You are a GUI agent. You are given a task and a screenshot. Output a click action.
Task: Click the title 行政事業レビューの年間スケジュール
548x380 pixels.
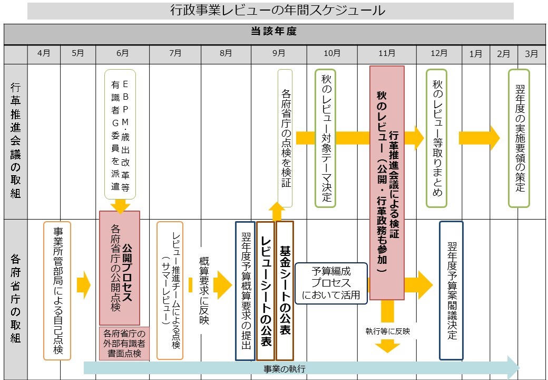pos(270,11)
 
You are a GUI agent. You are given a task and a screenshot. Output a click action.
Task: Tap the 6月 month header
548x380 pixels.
pos(122,53)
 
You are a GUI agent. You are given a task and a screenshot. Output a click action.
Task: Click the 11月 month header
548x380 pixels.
pos(387,53)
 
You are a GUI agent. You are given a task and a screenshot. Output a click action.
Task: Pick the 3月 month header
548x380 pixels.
pos(532,53)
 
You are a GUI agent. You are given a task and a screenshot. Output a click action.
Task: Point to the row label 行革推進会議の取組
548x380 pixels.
pos(15,140)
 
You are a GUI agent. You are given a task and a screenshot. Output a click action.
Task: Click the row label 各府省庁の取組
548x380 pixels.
pos(15,298)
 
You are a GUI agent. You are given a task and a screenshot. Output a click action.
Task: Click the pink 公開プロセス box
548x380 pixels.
pos(120,268)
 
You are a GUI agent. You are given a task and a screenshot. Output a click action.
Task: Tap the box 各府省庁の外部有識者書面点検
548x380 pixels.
pos(124,343)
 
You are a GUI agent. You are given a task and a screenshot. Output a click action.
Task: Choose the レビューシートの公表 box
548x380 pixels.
pos(266,290)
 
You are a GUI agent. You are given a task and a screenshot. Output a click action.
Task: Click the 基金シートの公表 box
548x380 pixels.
pos(285,290)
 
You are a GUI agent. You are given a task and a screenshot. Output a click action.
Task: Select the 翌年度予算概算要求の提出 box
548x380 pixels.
pos(245,290)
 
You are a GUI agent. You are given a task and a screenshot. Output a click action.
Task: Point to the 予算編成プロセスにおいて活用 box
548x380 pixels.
pos(331,283)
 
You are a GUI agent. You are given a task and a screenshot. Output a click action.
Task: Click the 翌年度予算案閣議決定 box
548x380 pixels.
pos(451,290)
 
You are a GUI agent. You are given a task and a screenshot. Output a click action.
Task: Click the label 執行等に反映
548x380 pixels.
pos(387,332)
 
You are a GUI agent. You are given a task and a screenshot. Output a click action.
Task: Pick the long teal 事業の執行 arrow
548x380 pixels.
pos(300,368)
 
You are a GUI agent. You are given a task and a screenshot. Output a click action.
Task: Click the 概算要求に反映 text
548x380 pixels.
pos(204,290)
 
